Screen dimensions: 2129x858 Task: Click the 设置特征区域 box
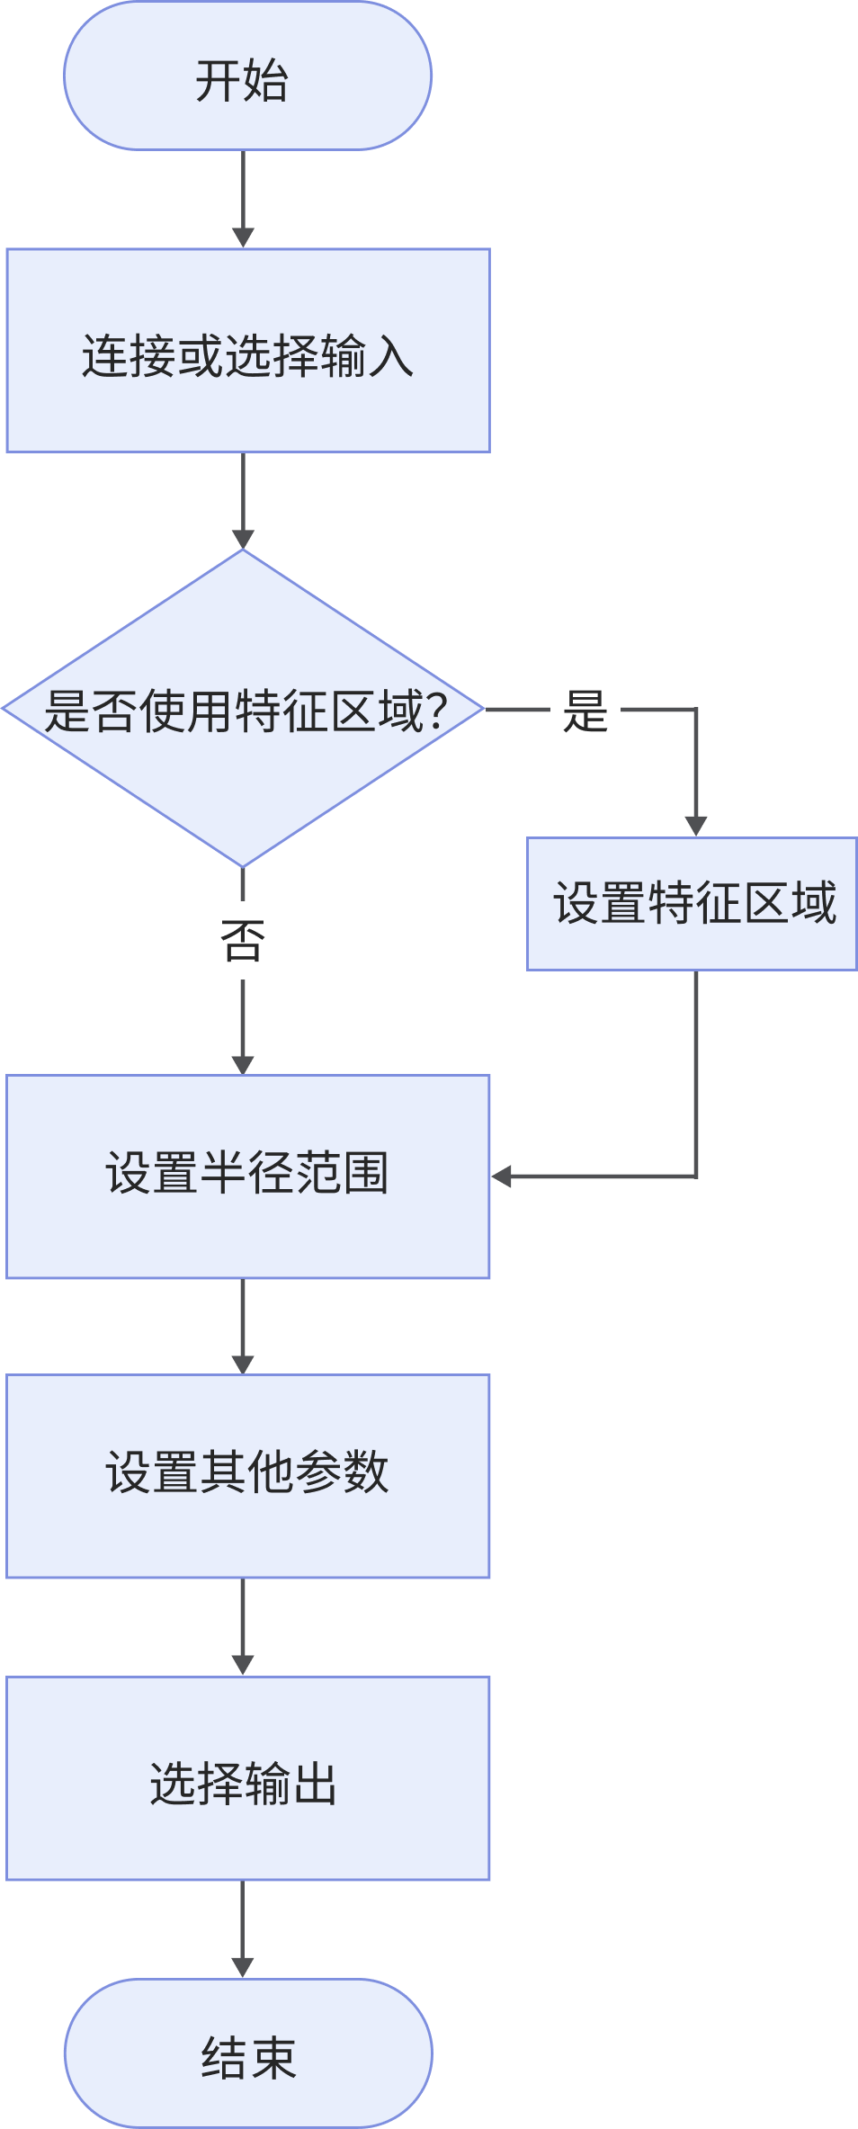pos(692,904)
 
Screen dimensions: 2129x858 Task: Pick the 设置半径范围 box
pos(247,1176)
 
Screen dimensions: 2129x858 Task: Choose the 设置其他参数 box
pos(247,1476)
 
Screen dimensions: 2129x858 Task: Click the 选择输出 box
pos(247,1778)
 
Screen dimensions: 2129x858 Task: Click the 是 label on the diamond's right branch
pos(585,711)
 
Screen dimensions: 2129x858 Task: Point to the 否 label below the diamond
pos(243,942)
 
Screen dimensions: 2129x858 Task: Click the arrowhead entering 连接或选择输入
pos(243,237)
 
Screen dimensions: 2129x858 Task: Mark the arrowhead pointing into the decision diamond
pos(243,538)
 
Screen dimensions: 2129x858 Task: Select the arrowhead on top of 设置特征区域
pos(696,826)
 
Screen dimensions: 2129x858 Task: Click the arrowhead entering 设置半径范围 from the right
pos(502,1176)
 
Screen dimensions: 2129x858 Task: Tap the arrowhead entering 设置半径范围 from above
pos(243,1064)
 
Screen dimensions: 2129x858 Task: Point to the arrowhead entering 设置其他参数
pos(243,1364)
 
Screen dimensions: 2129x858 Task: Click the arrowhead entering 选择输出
pos(243,1665)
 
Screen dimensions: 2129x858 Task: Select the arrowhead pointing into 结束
pos(243,1967)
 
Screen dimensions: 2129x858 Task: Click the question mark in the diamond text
pos(435,711)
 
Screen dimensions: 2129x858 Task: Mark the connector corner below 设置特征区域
pos(696,1176)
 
